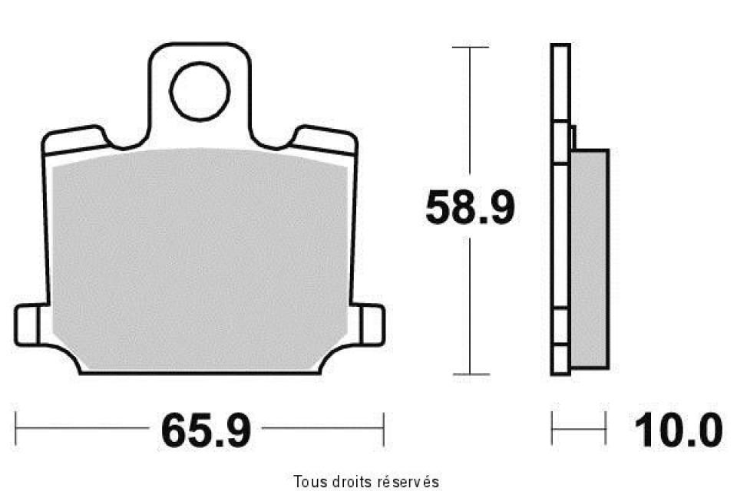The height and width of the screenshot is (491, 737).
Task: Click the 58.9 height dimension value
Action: click(x=469, y=209)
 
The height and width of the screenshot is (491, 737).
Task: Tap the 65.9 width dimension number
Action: click(x=206, y=431)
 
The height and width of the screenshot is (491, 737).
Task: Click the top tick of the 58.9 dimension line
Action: click(x=470, y=48)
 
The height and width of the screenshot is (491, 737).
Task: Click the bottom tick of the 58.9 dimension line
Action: click(x=470, y=374)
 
